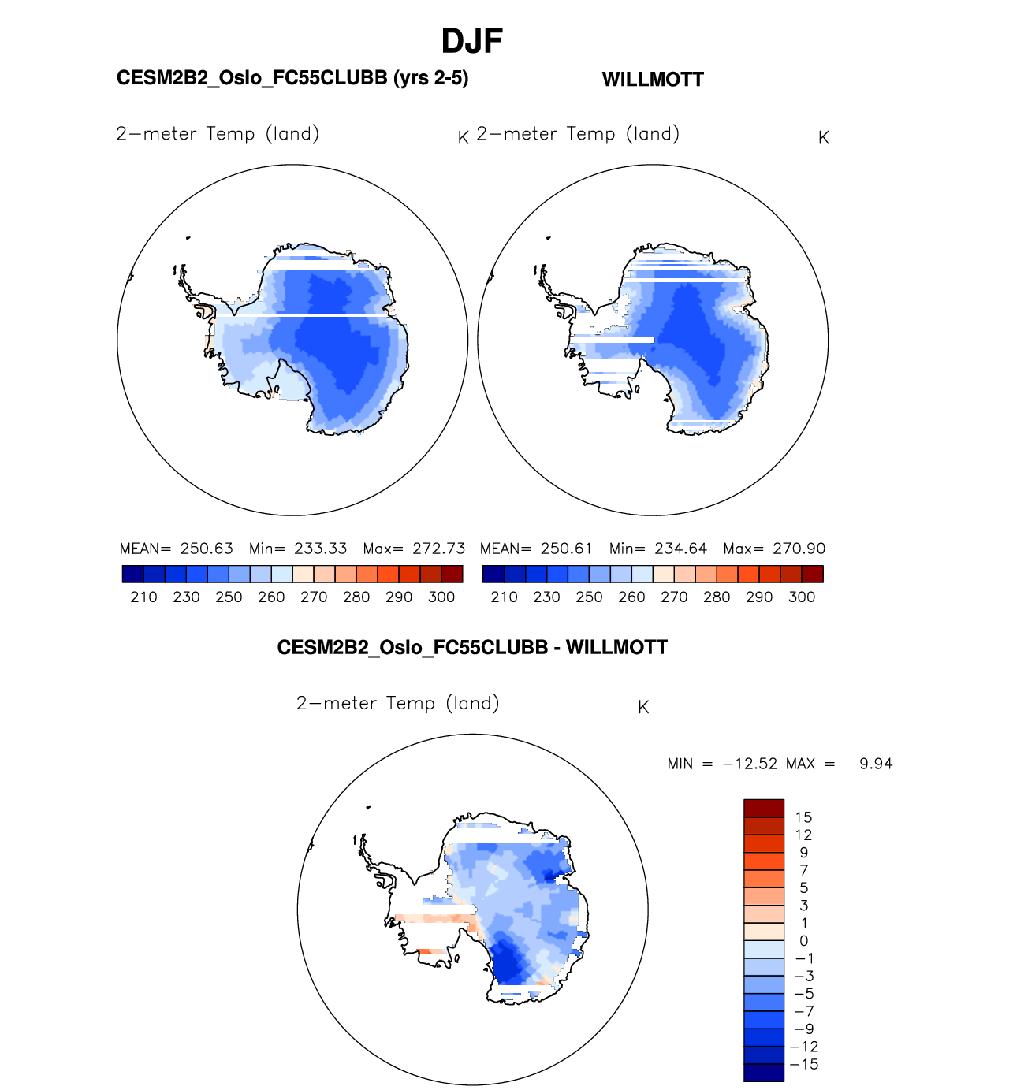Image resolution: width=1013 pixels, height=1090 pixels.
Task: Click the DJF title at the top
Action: [472, 42]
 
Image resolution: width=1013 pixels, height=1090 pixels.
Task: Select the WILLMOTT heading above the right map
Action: [653, 80]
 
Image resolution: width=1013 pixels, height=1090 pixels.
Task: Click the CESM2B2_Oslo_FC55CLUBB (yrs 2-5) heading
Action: [292, 78]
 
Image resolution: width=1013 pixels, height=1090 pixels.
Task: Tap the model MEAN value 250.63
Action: [207, 549]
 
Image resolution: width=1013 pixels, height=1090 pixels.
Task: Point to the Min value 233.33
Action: [321, 549]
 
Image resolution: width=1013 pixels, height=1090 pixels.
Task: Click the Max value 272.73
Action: [439, 549]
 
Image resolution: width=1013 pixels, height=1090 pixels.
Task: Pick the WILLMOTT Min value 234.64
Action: [681, 549]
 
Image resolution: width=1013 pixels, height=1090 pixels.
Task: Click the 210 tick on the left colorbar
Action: [143, 597]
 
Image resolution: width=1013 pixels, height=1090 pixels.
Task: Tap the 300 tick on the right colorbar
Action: [802, 597]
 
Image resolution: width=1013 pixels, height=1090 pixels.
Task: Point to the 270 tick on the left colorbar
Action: [314, 597]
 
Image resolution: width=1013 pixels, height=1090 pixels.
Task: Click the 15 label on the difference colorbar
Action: [803, 817]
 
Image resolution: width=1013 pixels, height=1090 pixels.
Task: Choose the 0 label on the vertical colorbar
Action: [803, 941]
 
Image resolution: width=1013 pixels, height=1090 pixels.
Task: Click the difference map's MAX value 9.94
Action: [876, 764]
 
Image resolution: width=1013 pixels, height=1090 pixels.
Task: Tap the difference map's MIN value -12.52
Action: [750, 764]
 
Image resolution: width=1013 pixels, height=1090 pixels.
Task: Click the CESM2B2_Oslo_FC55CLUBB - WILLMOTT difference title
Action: [472, 648]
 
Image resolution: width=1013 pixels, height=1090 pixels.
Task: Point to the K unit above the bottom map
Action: [643, 707]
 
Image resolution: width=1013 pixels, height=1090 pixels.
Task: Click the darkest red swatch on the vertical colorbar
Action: [764, 808]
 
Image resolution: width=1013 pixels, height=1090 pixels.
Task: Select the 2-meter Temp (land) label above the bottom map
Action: [398, 703]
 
